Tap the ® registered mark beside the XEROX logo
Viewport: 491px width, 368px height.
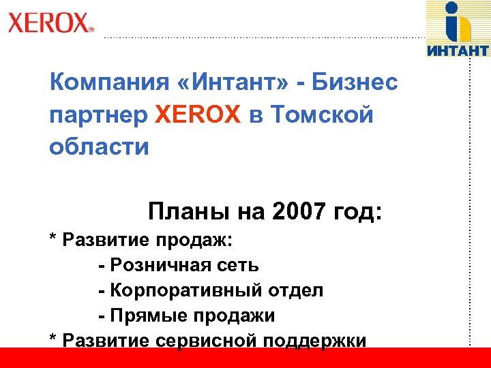[91, 29]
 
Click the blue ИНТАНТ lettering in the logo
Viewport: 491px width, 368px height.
[458, 50]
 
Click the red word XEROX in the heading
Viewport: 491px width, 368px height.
[198, 115]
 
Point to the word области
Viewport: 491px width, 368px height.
[99, 146]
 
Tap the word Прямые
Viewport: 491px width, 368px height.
[143, 316]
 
